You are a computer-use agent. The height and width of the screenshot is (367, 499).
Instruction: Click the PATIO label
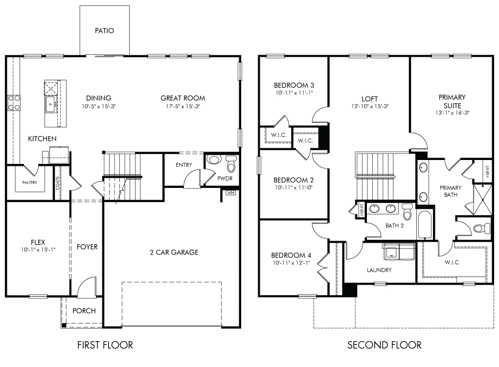click(x=104, y=30)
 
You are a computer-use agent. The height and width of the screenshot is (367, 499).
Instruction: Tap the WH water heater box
click(x=231, y=193)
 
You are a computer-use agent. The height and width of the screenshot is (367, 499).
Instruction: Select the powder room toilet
click(x=231, y=163)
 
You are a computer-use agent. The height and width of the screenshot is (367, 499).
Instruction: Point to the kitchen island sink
click(x=50, y=104)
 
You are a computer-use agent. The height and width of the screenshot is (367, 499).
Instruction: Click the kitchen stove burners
click(x=14, y=103)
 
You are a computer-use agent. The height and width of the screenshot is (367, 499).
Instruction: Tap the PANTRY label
click(x=29, y=183)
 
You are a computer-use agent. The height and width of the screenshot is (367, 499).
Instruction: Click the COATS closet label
click(x=58, y=183)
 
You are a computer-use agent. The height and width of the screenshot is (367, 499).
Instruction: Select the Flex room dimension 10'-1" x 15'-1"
click(x=38, y=250)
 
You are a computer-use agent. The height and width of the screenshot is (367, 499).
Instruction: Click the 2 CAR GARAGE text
click(x=174, y=252)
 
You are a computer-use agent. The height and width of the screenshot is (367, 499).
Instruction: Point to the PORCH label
click(x=84, y=311)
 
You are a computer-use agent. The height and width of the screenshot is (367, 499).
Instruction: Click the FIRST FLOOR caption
click(x=105, y=345)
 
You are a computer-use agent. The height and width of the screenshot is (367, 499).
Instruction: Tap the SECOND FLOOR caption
click(x=385, y=345)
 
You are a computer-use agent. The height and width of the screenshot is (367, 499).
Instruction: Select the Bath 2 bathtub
click(x=425, y=225)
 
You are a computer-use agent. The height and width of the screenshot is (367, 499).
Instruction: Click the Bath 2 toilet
click(x=408, y=211)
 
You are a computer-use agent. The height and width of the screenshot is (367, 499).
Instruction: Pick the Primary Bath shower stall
click(x=482, y=200)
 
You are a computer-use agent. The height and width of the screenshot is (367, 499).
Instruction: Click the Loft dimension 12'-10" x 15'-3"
click(x=370, y=106)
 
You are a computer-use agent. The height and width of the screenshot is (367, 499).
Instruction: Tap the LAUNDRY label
click(x=379, y=270)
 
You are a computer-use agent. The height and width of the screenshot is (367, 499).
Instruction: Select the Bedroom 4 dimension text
click(x=291, y=263)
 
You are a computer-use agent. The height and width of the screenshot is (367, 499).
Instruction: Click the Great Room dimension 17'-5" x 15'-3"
click(x=182, y=106)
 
